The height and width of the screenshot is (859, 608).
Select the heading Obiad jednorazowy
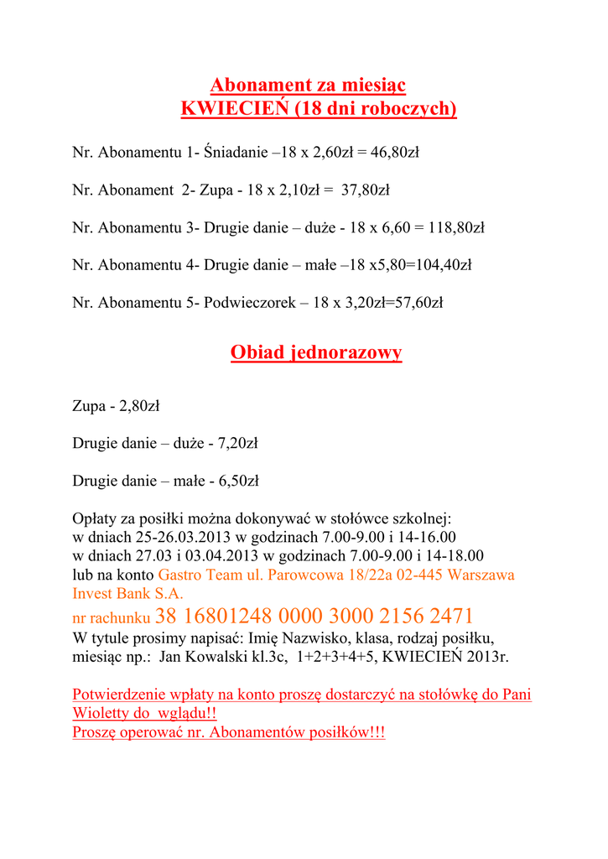click(x=316, y=352)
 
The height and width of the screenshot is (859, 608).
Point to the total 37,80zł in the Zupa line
click(x=366, y=190)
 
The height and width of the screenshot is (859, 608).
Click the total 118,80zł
click(x=456, y=227)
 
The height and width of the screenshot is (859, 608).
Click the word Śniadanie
click(x=235, y=153)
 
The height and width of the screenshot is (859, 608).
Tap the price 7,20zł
click(x=238, y=444)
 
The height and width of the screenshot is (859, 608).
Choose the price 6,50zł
click(x=238, y=482)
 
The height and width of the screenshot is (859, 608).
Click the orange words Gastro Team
click(x=196, y=575)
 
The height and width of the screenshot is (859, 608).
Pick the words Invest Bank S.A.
click(x=127, y=594)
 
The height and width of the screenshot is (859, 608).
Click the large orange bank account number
click(x=314, y=617)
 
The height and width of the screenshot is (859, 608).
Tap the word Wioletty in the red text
click(x=101, y=713)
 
